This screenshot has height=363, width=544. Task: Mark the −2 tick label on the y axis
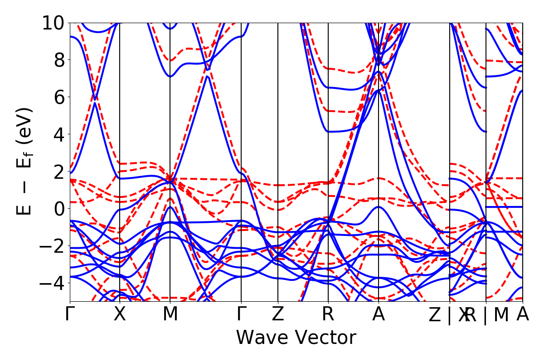[52, 246]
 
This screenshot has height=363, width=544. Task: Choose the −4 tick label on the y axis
[52, 283]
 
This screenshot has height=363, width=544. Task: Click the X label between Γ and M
[120, 314]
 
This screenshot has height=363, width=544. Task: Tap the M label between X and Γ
[170, 314]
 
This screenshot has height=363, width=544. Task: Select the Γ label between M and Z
[241, 314]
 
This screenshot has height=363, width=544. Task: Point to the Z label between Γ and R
[278, 314]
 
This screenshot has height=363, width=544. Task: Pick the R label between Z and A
[328, 314]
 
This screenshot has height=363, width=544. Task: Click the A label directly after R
[379, 314]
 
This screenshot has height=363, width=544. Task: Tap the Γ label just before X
[70, 314]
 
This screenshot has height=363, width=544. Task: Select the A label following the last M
[523, 314]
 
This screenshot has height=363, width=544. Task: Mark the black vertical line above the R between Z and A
[328, 136]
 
